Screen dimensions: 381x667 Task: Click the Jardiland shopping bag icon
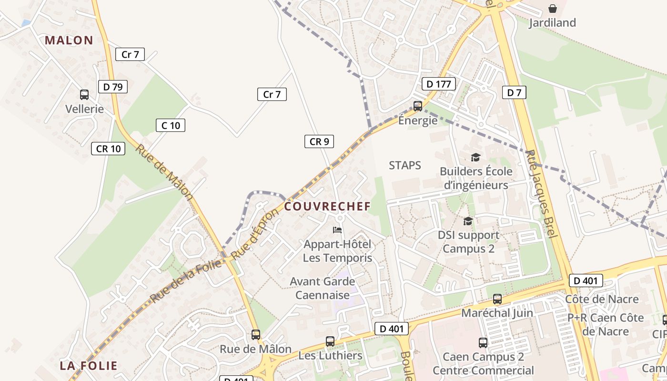[x=553, y=9]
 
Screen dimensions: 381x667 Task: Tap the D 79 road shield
[x=113, y=87]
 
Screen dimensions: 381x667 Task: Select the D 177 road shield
[x=439, y=84]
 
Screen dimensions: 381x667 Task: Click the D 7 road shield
[x=515, y=92]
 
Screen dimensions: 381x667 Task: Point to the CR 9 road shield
[x=319, y=141]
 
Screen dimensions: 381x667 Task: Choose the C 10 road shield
[x=171, y=125]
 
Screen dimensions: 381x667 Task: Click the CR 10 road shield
[x=108, y=149]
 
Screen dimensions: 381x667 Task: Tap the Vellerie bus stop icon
[x=84, y=95]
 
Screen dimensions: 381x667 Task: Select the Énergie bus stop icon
[x=418, y=106]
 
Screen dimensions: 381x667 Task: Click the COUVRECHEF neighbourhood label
[x=327, y=207]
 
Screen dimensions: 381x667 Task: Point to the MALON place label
[x=69, y=40]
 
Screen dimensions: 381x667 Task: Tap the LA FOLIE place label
[x=89, y=366]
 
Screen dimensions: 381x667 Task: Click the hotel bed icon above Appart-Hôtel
[x=337, y=230]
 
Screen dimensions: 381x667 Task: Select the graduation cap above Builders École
[x=475, y=157]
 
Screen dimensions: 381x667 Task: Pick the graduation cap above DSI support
[x=468, y=221]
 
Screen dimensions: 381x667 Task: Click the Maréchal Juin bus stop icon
[x=497, y=299]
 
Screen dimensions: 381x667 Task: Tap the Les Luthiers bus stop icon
[x=330, y=341]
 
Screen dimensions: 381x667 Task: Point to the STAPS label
[x=405, y=165]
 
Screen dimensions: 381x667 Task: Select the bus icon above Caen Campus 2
[x=483, y=342]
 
